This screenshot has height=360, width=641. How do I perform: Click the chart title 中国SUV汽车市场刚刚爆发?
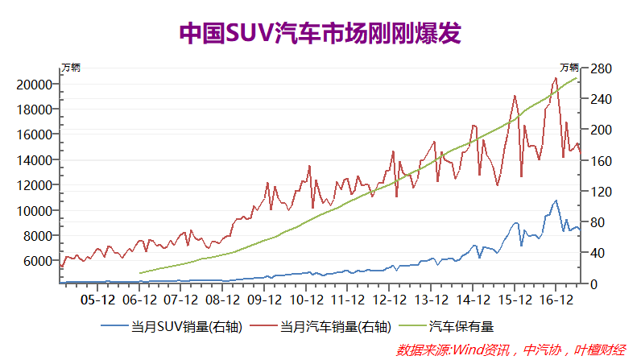320,34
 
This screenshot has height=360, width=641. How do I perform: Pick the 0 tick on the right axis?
593,284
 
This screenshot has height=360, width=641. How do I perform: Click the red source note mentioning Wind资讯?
511,350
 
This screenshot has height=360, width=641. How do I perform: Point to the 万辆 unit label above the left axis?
71,67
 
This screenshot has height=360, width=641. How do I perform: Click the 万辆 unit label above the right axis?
569,67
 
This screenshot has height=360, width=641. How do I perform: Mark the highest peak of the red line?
556,78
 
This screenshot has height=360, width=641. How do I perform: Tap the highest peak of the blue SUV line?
556,201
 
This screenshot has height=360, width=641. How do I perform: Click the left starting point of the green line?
140,273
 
